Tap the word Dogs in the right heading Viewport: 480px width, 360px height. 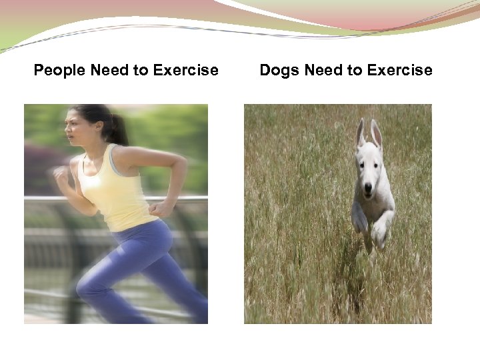[x=279, y=70]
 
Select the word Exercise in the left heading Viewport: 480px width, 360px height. [x=185, y=70]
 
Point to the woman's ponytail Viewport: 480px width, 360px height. [x=119, y=129]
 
